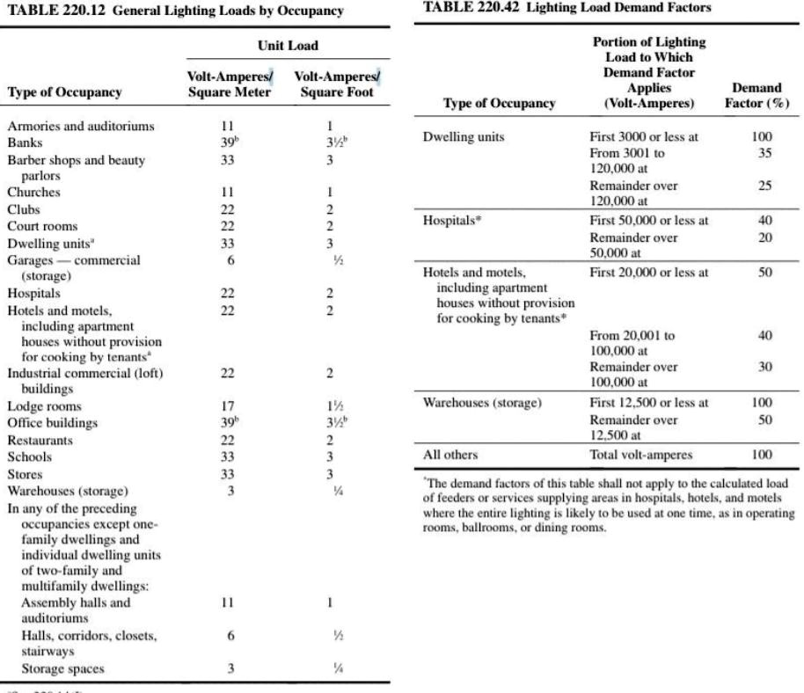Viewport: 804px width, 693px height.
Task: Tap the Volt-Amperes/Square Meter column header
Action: pos(230,84)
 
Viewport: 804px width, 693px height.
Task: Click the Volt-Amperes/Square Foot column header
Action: pos(334,84)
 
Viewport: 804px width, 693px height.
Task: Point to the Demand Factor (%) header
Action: pos(756,96)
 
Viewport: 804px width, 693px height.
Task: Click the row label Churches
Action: pos(34,193)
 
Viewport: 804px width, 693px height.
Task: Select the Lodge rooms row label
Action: pos(44,406)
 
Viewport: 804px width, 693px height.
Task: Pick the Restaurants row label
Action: pos(40,441)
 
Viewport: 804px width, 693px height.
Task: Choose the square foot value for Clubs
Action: pos(329,210)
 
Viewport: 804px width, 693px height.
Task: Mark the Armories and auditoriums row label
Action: pos(81,126)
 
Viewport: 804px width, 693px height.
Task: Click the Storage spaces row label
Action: pos(62,669)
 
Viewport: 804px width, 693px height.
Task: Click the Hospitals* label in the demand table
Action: pos(453,221)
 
